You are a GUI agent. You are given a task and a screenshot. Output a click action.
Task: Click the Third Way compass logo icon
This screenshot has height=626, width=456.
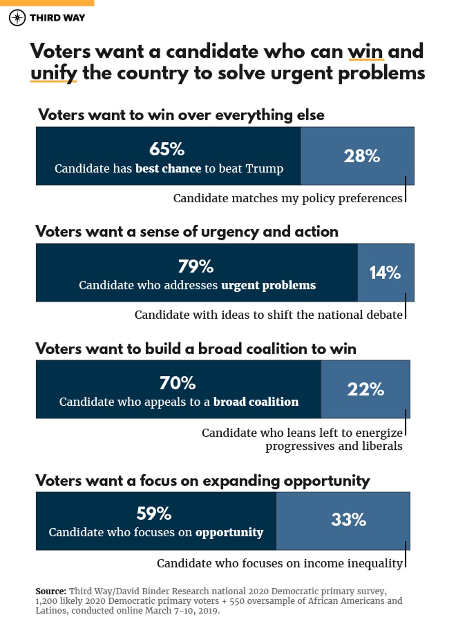coord(17,18)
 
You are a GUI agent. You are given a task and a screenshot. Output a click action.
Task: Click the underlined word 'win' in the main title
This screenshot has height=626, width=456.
coord(365,51)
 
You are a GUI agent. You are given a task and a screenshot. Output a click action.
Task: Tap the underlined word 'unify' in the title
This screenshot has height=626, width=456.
coord(53,73)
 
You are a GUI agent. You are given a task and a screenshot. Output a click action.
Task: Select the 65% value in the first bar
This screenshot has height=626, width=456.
coord(167,149)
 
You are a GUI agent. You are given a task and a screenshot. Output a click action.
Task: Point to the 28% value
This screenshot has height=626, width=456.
coord(361,156)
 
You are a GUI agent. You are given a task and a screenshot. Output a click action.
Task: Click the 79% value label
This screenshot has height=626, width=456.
coord(196,266)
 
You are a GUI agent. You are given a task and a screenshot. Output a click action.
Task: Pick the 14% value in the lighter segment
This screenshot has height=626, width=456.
coord(385,272)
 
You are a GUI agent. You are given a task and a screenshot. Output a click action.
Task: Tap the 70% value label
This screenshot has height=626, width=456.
coord(177,383)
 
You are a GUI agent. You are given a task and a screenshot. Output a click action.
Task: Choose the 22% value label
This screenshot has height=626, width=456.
coord(365,389)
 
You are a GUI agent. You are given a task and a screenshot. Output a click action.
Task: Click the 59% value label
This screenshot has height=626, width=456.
coord(154,513)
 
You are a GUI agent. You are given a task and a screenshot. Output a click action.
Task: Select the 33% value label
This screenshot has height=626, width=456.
coord(349,519)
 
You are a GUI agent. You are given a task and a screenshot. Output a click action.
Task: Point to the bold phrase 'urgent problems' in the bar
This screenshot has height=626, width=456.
coord(268,285)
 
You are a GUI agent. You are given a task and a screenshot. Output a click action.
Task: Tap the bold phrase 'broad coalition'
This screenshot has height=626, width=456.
coord(256,402)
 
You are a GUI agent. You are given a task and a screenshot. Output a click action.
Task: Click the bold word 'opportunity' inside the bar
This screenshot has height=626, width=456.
coord(229,533)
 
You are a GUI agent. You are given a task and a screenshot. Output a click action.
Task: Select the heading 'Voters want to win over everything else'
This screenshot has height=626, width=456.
coord(181,115)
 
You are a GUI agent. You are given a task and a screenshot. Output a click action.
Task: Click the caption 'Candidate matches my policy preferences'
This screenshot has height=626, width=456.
coord(287,198)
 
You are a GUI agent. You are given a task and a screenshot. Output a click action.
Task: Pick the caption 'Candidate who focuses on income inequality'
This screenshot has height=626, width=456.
coord(279,563)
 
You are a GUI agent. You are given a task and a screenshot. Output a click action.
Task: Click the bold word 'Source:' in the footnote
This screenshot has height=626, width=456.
coord(51,591)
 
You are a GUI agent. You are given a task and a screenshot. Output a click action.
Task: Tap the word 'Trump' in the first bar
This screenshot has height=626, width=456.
coord(265,168)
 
